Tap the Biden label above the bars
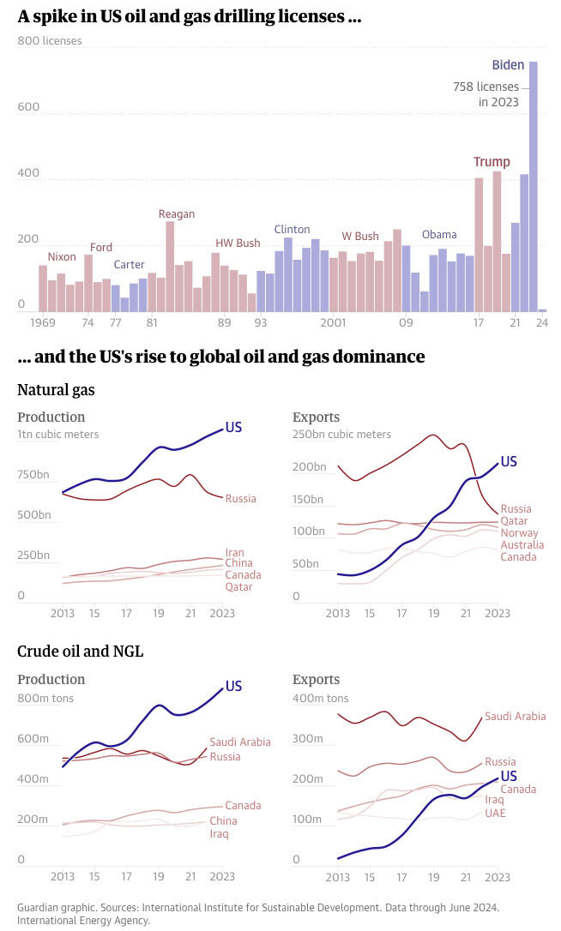508,65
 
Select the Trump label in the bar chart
492,162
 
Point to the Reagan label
177,213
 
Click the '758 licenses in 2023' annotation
486,94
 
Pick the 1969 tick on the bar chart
43,323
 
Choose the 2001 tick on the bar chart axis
333,323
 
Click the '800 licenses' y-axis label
50,40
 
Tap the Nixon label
62,256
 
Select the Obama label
439,234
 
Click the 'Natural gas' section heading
56,390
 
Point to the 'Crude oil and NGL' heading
81,652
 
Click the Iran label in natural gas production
235,552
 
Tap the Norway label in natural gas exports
520,532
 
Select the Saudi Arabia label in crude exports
516,716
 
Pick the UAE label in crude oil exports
495,813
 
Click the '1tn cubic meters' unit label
57,434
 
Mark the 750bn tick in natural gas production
33,474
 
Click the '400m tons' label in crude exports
320,698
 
